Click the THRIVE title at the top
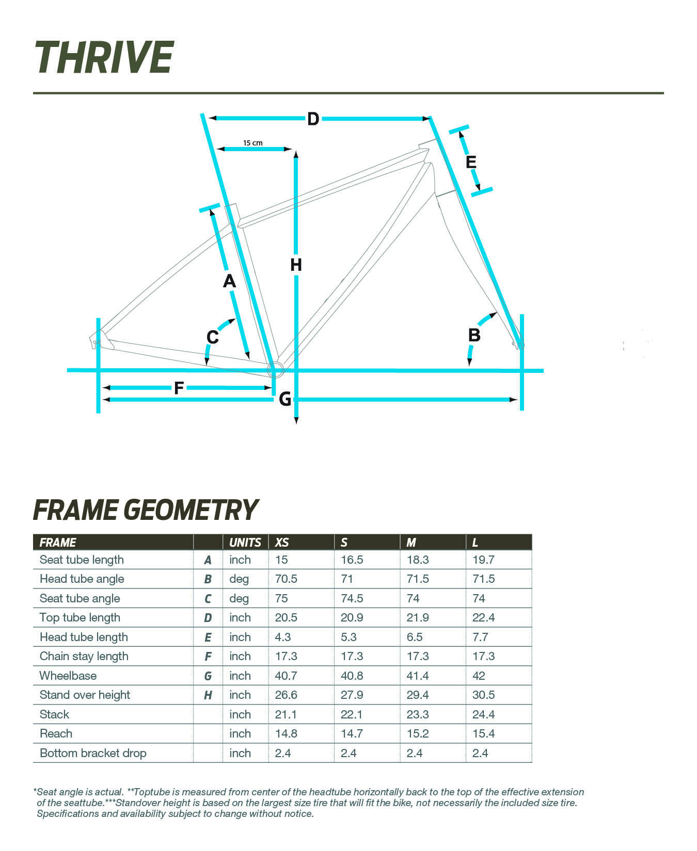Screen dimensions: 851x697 104,57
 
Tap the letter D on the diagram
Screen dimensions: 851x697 313,119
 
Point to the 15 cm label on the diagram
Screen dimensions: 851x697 253,143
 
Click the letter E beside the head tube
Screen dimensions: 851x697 471,162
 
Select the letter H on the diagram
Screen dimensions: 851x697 296,265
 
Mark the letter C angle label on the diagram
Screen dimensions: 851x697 212,337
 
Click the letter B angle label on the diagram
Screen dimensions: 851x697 474,336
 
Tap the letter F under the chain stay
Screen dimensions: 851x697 179,388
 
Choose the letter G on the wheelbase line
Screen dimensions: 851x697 285,399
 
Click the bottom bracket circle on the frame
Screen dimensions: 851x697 275,369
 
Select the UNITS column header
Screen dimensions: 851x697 245,543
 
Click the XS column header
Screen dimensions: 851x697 282,543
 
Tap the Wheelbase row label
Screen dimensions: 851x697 68,676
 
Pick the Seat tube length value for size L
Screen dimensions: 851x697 483,560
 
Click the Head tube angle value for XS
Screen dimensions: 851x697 286,579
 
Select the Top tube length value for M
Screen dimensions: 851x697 418,617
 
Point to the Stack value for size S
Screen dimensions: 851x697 352,714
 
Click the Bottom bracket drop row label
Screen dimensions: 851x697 93,753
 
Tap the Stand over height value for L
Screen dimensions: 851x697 483,695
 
